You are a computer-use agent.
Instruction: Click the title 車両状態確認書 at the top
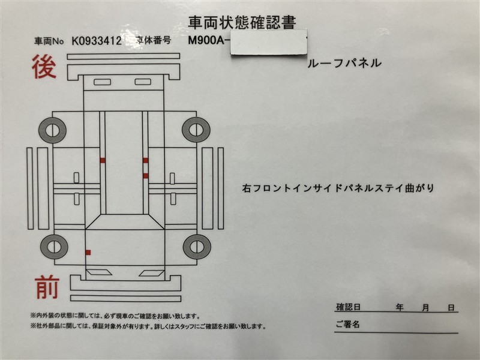[x=242, y=23]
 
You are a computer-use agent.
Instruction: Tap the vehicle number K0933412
[x=97, y=41]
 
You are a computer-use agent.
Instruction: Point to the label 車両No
[x=49, y=41]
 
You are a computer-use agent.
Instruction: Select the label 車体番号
[x=153, y=40]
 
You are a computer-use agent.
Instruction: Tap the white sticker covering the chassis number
[x=269, y=42]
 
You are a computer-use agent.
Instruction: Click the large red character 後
[x=44, y=67]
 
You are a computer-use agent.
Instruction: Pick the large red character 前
[x=47, y=287]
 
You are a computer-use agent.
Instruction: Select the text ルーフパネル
[x=344, y=63]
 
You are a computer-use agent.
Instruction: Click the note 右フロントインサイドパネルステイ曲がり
[x=338, y=188]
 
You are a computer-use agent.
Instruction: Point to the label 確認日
[x=349, y=307]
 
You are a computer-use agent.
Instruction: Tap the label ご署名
[x=347, y=324]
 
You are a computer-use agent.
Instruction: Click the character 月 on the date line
[x=425, y=308]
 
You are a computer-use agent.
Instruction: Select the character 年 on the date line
[x=400, y=307]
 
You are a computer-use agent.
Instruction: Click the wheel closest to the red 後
[x=52, y=130]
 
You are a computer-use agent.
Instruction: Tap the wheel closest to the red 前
[x=54, y=247]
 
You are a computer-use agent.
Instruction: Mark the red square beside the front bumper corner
[x=88, y=253]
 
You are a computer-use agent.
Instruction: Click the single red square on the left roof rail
[x=103, y=160]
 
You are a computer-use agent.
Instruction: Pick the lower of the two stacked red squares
[x=146, y=176]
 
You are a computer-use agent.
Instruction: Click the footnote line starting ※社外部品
[x=148, y=326]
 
